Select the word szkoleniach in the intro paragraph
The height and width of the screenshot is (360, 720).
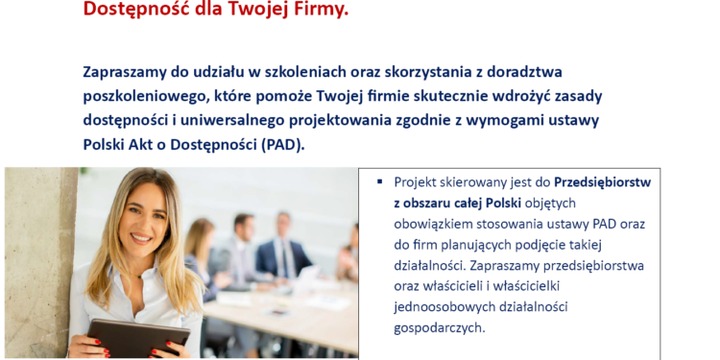(312, 72)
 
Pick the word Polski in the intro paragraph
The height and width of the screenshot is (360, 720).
(109, 145)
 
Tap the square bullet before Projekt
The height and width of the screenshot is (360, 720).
(380, 180)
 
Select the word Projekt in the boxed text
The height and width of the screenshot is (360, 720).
(417, 181)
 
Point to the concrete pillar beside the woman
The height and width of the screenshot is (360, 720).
(38, 259)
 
